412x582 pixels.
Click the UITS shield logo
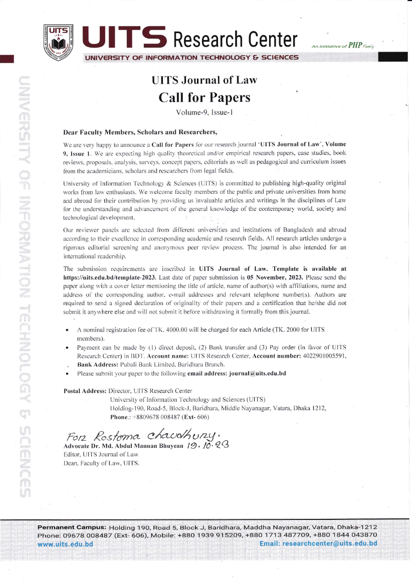(59, 39)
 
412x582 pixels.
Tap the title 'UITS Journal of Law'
(204, 80)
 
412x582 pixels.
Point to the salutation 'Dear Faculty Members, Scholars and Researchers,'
(140, 133)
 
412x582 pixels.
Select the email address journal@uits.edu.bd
(257, 374)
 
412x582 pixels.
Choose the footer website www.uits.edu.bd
(66, 543)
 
